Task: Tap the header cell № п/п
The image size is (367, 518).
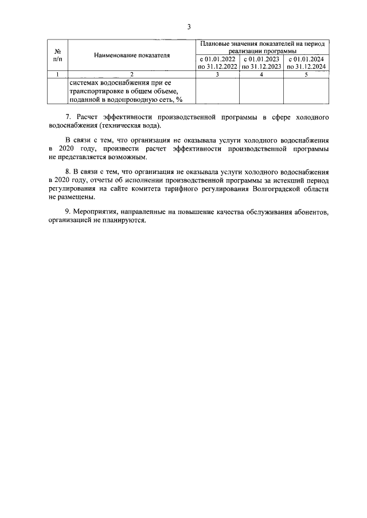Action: pyautogui.click(x=57, y=55)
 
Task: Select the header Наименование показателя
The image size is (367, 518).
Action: pyautogui.click(x=132, y=55)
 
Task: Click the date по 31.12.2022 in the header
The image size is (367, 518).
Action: pyautogui.click(x=217, y=66)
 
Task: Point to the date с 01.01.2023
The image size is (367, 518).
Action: pyautogui.click(x=261, y=59)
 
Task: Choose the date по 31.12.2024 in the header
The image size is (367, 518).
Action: pyautogui.click(x=306, y=66)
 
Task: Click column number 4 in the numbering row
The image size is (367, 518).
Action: pyautogui.click(x=261, y=74)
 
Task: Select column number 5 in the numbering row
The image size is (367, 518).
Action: pyautogui.click(x=306, y=74)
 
